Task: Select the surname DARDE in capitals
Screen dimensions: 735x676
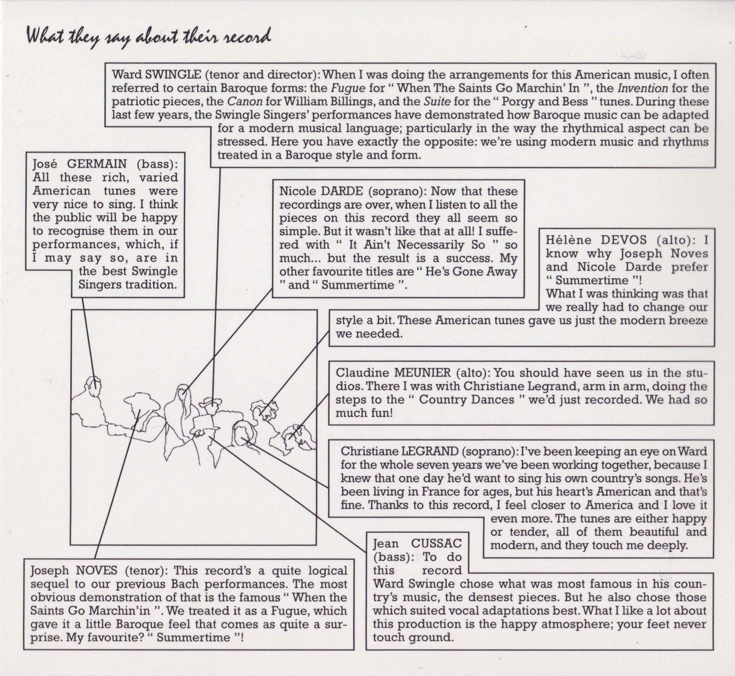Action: tap(342, 191)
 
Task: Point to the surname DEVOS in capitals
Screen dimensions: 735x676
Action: tap(624, 240)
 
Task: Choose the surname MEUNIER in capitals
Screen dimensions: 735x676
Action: tap(422, 373)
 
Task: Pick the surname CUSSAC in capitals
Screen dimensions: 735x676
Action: tap(436, 543)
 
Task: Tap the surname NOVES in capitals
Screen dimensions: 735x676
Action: tap(96, 570)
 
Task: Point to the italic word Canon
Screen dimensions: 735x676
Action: tap(245, 102)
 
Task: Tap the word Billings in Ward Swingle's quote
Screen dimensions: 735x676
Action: tap(339, 102)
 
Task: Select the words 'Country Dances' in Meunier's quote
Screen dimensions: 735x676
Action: tap(466, 399)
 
